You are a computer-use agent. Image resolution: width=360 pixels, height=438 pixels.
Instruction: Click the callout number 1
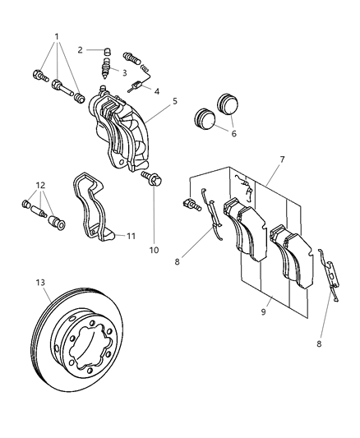pyautogui.click(x=56, y=37)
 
